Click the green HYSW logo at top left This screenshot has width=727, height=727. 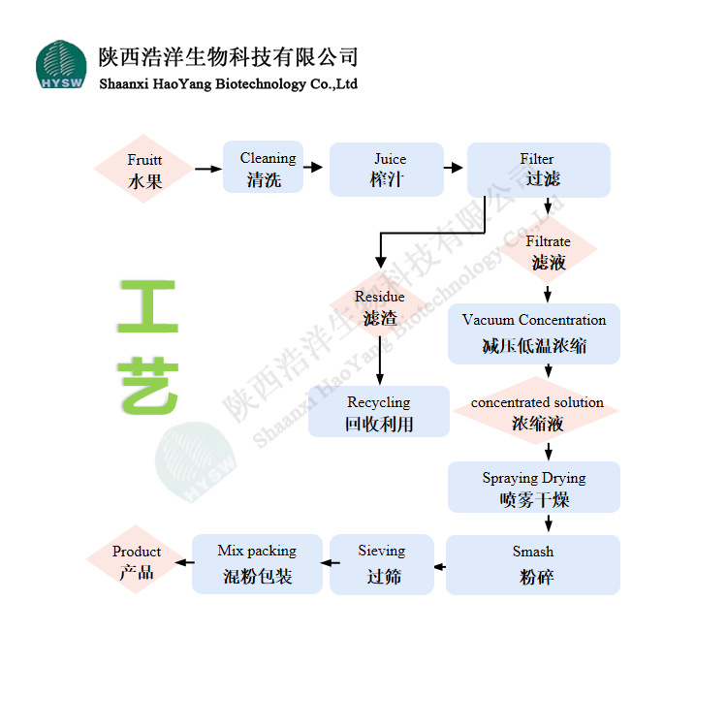click(61, 65)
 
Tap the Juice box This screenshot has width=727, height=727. click(387, 170)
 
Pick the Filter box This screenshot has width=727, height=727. click(538, 170)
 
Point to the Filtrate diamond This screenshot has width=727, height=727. click(548, 252)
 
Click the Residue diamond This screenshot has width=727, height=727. click(379, 307)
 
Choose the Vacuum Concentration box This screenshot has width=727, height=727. click(534, 332)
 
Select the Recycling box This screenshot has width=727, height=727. click(379, 412)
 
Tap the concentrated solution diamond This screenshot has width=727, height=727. click(537, 412)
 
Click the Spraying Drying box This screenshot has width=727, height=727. click(534, 488)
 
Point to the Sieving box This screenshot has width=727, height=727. click(382, 563)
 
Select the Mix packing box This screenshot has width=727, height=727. click(257, 563)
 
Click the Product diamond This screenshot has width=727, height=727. click(137, 562)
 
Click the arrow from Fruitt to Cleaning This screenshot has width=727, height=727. click(208, 170)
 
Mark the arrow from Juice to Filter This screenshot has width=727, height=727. click(455, 168)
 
